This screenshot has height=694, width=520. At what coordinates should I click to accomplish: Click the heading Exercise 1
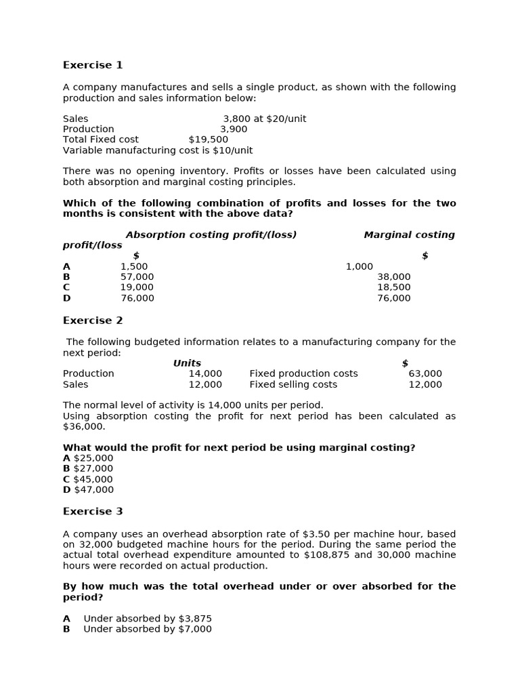pyautogui.click(x=93, y=65)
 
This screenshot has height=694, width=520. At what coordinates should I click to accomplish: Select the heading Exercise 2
pyautogui.click(x=93, y=321)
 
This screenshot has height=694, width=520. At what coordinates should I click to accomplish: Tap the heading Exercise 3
pyautogui.click(x=93, y=512)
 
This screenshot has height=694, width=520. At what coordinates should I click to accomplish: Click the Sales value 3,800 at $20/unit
pyautogui.click(x=264, y=119)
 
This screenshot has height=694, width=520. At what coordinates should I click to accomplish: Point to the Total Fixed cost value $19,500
pyautogui.click(x=208, y=140)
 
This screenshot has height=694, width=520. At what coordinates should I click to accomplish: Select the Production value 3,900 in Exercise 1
pyautogui.click(x=234, y=129)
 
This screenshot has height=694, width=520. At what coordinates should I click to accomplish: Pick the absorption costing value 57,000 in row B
pyautogui.click(x=137, y=277)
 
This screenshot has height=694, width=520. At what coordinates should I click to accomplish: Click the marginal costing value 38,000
pyautogui.click(x=393, y=277)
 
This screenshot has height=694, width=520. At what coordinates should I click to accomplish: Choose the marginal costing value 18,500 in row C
pyautogui.click(x=393, y=287)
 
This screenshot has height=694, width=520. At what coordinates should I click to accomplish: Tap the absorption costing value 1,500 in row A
pyautogui.click(x=134, y=266)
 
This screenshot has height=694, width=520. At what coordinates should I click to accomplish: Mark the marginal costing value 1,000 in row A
pyautogui.click(x=359, y=266)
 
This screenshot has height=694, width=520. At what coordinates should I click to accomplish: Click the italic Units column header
pyautogui.click(x=187, y=363)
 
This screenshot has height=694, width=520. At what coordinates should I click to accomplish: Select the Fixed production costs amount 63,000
pyautogui.click(x=425, y=373)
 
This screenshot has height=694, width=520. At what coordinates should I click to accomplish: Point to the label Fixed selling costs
pyautogui.click(x=293, y=384)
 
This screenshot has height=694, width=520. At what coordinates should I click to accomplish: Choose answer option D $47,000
pyautogui.click(x=88, y=490)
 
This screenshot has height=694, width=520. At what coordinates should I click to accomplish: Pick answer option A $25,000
pyautogui.click(x=88, y=458)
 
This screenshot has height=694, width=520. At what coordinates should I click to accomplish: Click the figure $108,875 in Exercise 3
pyautogui.click(x=328, y=555)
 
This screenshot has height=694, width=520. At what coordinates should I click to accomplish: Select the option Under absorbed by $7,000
pyautogui.click(x=148, y=629)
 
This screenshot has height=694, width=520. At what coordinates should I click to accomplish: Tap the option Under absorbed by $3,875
pyautogui.click(x=148, y=618)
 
